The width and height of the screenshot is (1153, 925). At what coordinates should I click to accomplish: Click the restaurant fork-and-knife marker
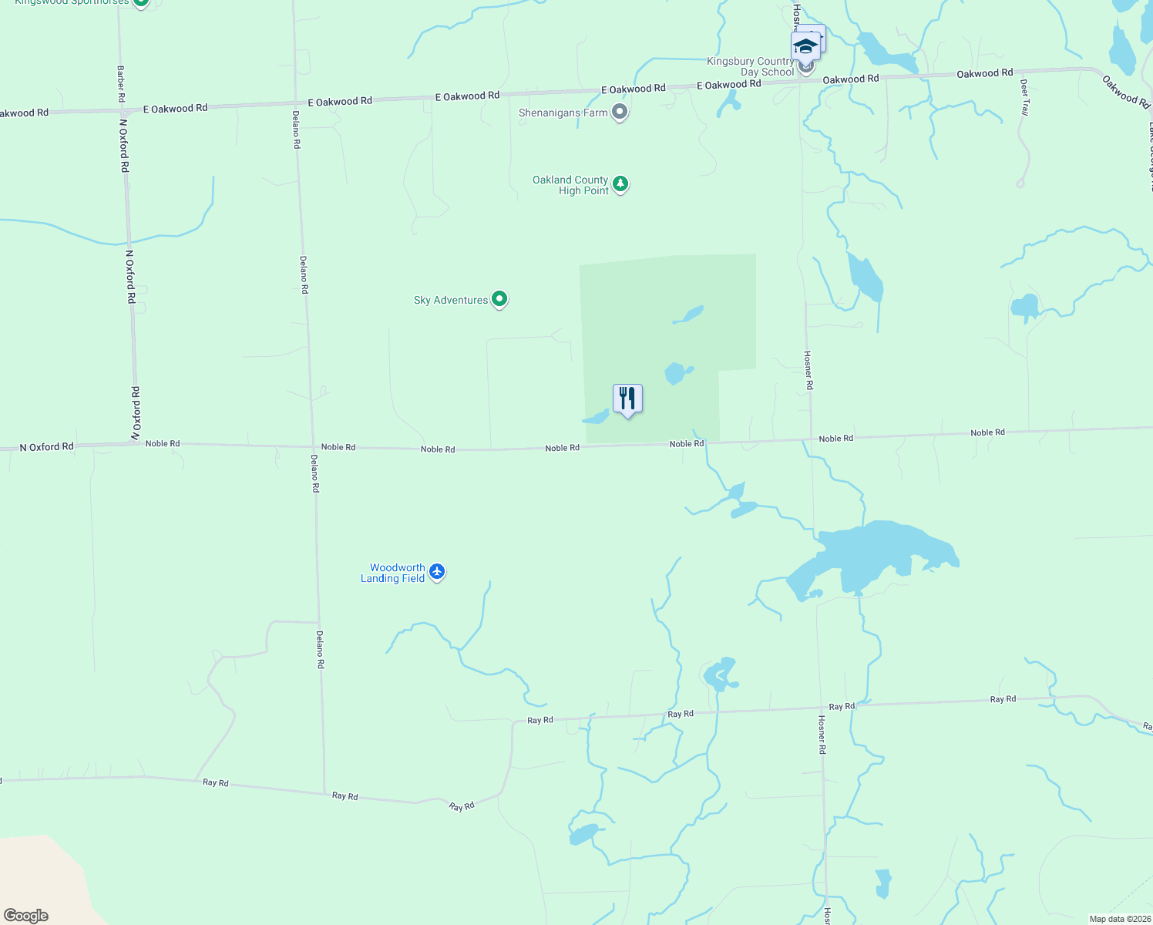[627, 399]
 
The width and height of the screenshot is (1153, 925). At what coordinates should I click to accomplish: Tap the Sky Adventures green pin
[499, 299]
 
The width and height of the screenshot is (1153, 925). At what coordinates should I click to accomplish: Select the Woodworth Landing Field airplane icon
[437, 572]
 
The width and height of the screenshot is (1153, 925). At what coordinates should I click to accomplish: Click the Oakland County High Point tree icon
[620, 184]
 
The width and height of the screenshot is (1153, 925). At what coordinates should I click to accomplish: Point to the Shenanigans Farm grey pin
[620, 113]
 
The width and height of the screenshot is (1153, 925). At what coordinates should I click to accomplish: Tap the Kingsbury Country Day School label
[750, 66]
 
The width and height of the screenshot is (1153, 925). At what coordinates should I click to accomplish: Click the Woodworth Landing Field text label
[393, 573]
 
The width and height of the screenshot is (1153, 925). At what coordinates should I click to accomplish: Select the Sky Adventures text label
[451, 300]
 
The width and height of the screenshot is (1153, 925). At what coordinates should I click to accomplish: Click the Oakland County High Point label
[570, 185]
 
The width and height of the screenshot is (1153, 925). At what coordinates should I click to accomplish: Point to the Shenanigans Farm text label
[563, 113]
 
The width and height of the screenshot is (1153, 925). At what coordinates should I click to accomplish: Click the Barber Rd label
[121, 84]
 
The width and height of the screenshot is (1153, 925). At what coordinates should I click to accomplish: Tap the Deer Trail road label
[1024, 97]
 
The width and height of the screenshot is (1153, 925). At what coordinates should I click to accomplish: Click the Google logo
[26, 916]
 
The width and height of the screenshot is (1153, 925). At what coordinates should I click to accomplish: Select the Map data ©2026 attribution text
[1119, 919]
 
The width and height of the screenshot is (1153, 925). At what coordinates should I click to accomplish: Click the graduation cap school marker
[805, 47]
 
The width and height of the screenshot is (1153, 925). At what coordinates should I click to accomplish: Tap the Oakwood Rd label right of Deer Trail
[1125, 91]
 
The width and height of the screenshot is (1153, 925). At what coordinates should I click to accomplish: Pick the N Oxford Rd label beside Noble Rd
[46, 447]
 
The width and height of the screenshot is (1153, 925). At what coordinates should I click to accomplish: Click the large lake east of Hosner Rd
[879, 555]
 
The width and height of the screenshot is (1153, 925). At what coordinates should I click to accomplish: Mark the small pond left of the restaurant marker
[596, 418]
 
